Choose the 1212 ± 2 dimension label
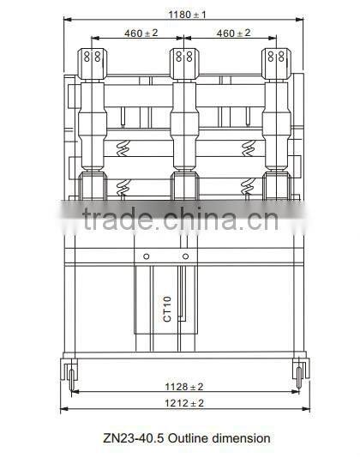click(183, 402)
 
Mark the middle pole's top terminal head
click(183, 60)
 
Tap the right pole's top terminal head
click(276, 60)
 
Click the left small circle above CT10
click(146, 256)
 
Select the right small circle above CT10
click(185, 256)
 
